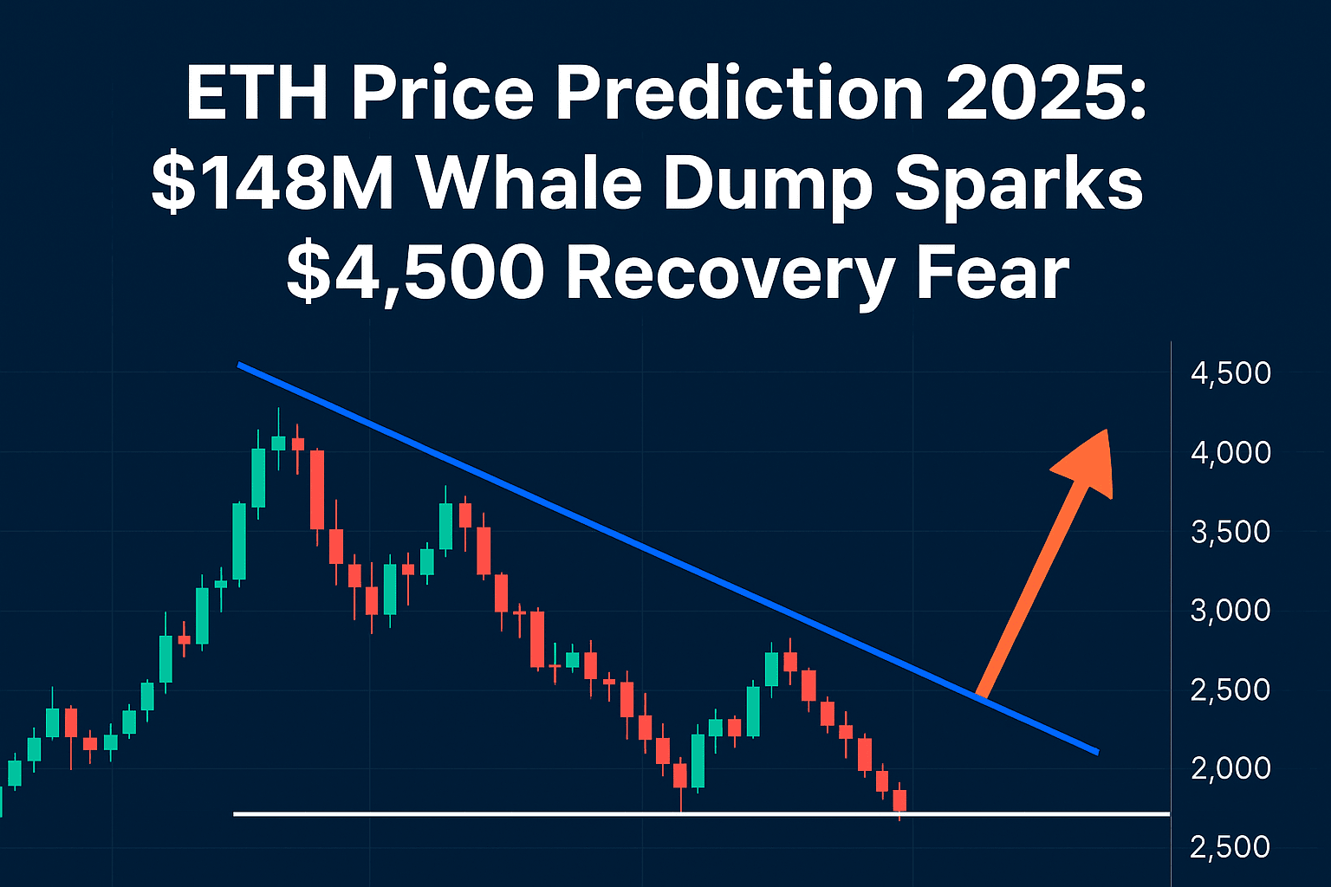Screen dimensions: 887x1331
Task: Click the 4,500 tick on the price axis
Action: (1230, 373)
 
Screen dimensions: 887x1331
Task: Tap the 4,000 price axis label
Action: (1230, 452)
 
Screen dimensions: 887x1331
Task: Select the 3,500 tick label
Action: (1230, 531)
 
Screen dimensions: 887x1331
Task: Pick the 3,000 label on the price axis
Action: (1230, 610)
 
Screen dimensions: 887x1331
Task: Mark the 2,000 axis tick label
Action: (1230, 767)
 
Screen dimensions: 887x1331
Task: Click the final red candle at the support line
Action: (899, 800)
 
